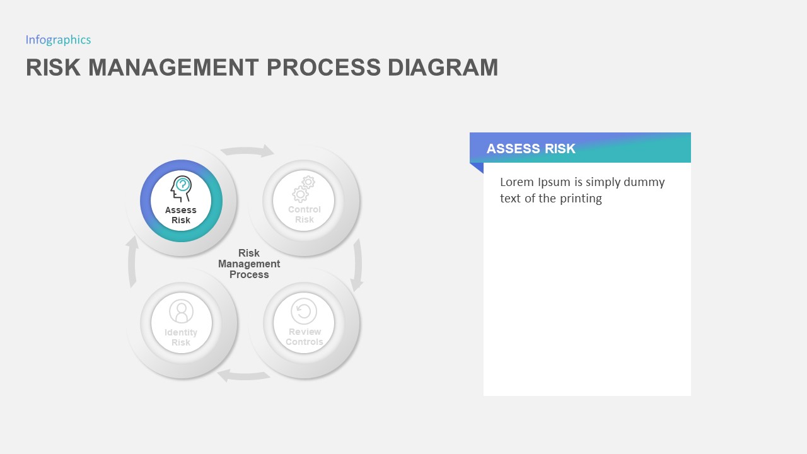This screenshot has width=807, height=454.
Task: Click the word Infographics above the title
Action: coord(58,40)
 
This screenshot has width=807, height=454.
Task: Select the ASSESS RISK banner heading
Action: coord(531,149)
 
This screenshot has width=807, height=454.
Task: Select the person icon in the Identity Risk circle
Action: coord(181,311)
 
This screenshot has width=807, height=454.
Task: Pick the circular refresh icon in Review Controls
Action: coord(304,311)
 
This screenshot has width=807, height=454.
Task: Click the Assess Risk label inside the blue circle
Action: coord(181,215)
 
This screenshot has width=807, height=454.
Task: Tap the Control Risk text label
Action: coord(305,214)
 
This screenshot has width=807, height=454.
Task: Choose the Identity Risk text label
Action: coord(181,337)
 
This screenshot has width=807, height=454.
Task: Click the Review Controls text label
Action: coord(305,337)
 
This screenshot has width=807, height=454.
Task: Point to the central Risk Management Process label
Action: coord(249,264)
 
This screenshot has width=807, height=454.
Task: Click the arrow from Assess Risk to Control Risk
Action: coord(247,151)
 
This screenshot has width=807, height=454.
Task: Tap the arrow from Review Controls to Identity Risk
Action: coord(243,375)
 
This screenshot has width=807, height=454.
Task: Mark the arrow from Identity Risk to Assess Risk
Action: coord(132,262)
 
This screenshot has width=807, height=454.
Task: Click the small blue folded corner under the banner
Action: coord(476,167)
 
